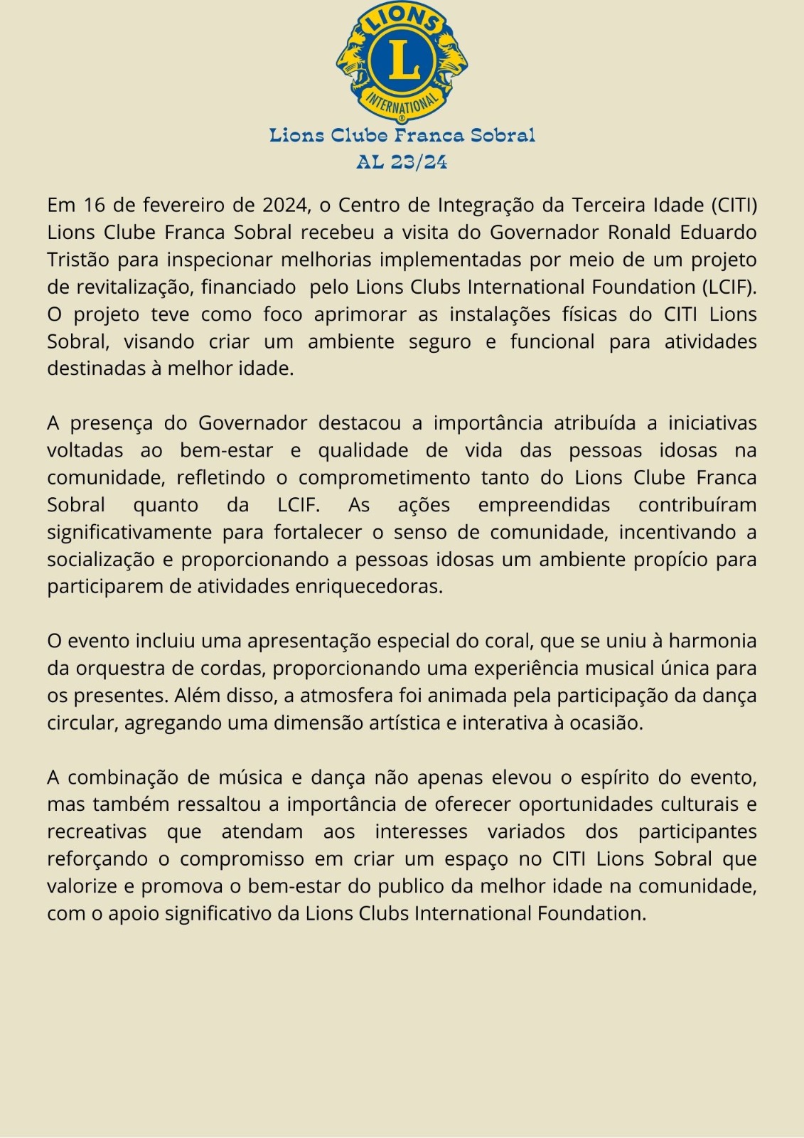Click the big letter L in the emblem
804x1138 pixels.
402,60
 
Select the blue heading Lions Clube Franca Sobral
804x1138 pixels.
402,135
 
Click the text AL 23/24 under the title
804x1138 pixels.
402,162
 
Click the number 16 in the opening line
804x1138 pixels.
94,205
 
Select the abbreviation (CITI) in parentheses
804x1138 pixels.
734,205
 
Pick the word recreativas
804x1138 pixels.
97,831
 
